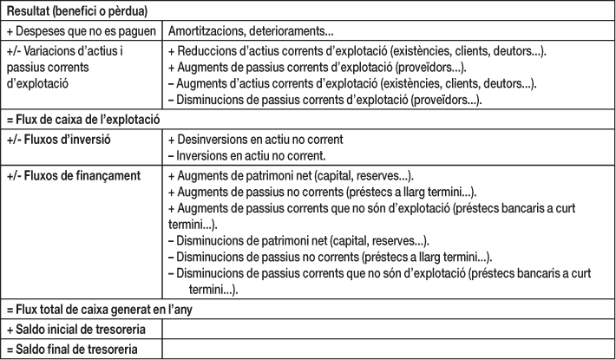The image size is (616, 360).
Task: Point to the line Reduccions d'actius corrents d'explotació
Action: click(x=356, y=52)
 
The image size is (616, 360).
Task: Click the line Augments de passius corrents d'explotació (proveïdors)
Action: click(x=329, y=68)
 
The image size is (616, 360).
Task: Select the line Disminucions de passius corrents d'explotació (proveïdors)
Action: click(x=337, y=101)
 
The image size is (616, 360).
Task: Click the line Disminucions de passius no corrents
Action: click(x=329, y=257)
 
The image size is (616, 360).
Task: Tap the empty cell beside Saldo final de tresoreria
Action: click(x=387, y=350)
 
